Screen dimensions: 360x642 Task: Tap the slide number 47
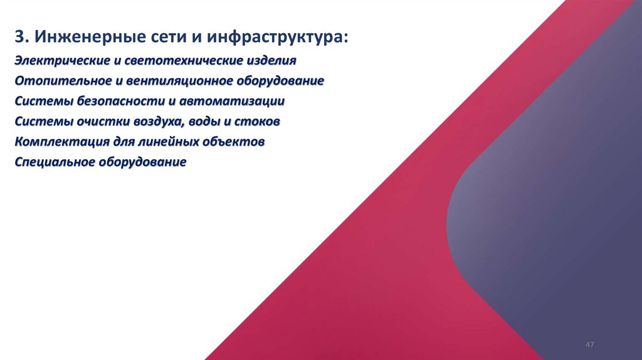pos(589,346)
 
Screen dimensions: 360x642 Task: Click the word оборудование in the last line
pos(142,162)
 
